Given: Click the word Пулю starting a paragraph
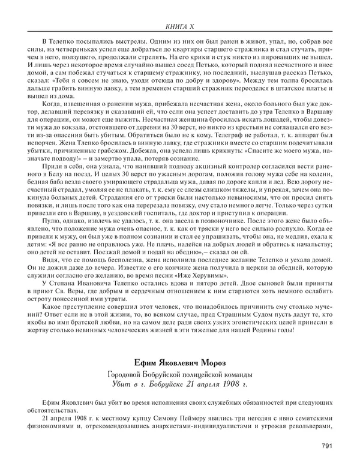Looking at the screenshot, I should [x=43, y=220].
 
